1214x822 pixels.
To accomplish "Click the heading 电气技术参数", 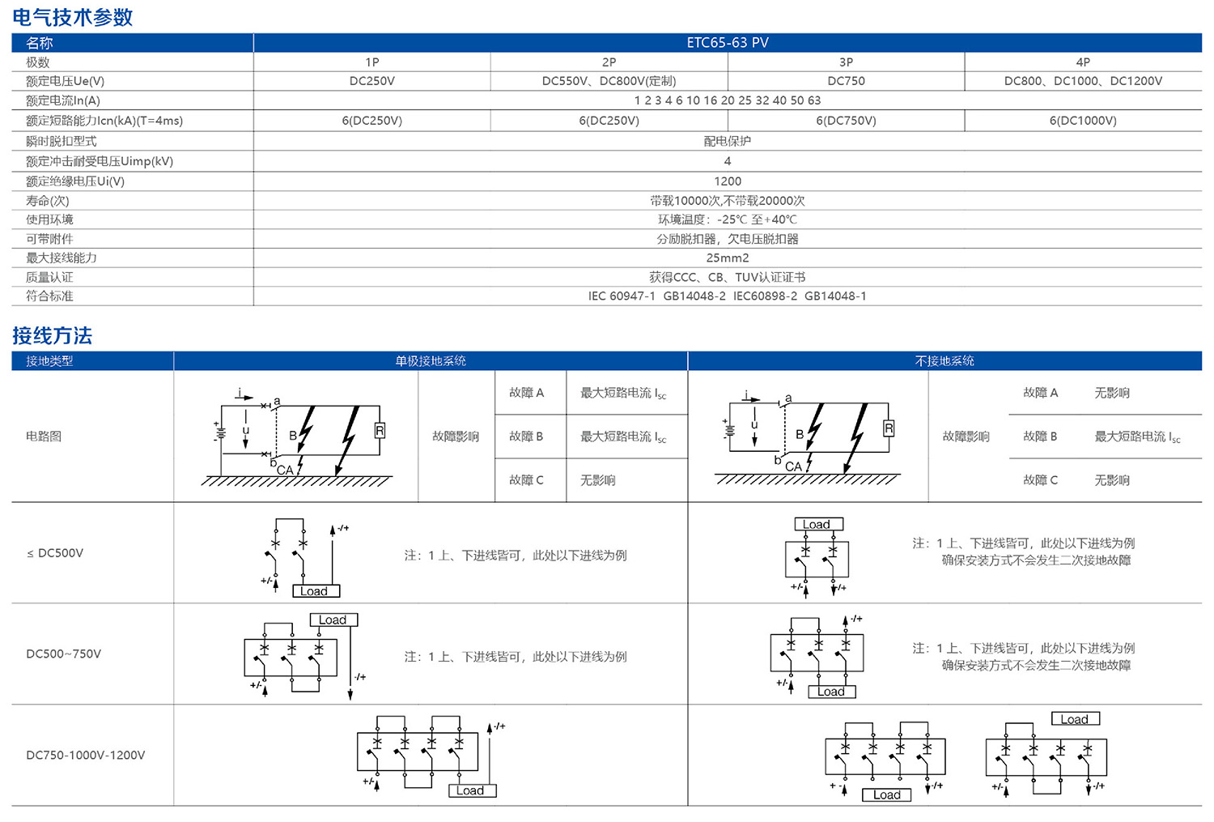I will [x=73, y=17].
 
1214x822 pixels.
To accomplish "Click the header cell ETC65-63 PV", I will [x=727, y=43].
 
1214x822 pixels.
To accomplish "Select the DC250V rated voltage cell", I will [x=371, y=81].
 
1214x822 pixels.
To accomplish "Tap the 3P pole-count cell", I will [x=846, y=62].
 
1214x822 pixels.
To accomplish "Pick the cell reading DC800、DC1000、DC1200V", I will [x=1083, y=81].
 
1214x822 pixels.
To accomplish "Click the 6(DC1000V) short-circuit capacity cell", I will [x=1083, y=121].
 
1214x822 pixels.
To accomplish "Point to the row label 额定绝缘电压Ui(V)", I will [x=75, y=181].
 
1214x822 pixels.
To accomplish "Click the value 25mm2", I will [x=727, y=258].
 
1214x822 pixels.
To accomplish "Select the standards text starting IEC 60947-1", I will [x=727, y=296].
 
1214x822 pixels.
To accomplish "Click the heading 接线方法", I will [x=53, y=335].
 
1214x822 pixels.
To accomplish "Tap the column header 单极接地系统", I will [x=431, y=361].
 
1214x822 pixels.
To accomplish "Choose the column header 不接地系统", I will [x=944, y=361].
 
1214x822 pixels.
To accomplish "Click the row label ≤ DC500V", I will [x=55, y=553].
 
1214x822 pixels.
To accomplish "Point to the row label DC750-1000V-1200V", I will [x=86, y=755].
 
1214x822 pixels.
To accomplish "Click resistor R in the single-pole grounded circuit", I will [x=379, y=431].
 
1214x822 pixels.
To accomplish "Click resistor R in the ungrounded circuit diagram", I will [x=889, y=428].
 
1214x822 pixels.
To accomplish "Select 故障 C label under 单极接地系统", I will [x=526, y=480].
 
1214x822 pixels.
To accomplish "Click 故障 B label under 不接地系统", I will [x=1040, y=437].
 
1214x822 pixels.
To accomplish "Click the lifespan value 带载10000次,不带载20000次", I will [x=727, y=201].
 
